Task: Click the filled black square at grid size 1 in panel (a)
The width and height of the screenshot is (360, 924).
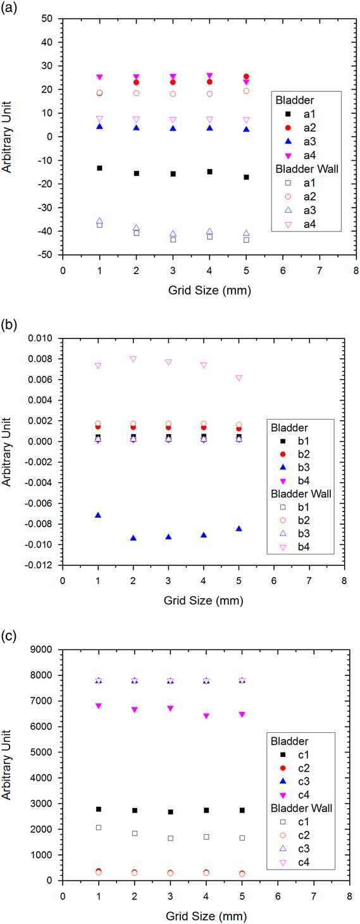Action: point(99,168)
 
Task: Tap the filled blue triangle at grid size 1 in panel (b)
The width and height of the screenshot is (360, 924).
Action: point(98,515)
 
